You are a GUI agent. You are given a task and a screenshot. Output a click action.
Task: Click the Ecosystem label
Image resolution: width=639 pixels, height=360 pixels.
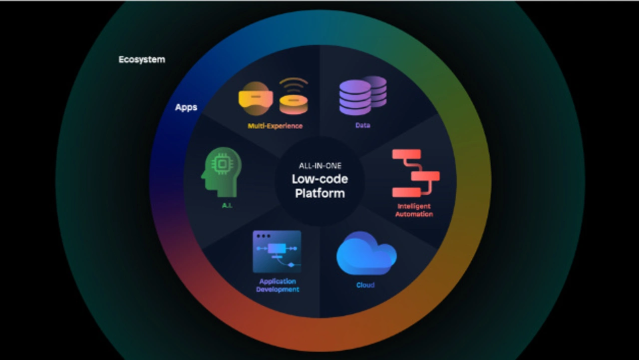[x=142, y=59]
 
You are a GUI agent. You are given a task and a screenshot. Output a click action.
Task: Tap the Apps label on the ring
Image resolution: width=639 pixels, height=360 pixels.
[x=186, y=107]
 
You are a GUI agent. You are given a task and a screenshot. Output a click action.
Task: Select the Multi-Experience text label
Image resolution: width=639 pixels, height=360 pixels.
[x=275, y=126]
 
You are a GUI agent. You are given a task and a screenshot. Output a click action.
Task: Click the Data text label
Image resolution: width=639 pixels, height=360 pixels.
[x=363, y=125]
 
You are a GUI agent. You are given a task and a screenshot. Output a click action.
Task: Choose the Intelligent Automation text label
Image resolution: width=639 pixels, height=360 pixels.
[x=414, y=210]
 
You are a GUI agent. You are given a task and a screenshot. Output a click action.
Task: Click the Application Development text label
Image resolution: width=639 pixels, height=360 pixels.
[x=278, y=285]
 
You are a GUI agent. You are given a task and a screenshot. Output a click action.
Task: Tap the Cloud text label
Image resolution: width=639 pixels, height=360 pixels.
[x=365, y=285]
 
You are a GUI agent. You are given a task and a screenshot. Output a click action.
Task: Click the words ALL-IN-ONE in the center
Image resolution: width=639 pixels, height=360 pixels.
[x=320, y=166]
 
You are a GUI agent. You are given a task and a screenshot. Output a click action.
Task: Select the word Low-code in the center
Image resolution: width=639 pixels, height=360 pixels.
[x=320, y=179]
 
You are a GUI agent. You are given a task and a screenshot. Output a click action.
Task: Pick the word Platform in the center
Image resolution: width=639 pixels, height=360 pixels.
[x=320, y=193]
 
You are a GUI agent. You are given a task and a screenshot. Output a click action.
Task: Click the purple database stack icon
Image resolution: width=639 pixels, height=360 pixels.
[x=362, y=95]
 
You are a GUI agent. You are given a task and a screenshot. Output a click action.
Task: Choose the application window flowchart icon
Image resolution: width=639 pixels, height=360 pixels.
[x=277, y=252]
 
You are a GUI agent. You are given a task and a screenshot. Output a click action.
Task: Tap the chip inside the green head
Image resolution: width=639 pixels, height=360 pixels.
[x=220, y=163]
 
